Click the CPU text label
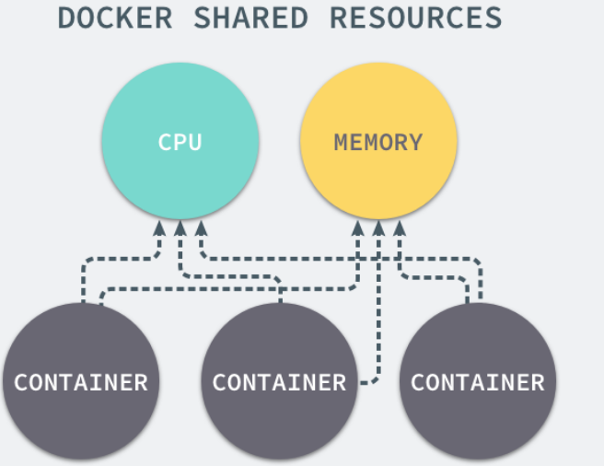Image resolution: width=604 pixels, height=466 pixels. click(180, 143)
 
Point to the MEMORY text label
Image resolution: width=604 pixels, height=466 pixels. click(377, 143)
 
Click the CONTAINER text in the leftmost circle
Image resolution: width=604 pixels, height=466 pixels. click(81, 382)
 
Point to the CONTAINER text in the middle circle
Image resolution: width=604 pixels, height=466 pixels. click(279, 382)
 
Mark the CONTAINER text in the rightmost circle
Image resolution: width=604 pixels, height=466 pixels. click(478, 382)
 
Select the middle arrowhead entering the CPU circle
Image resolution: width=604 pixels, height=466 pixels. click(180, 227)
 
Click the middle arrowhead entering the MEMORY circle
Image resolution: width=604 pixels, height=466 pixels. click(378, 227)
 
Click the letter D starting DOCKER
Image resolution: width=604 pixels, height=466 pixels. click(67, 17)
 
